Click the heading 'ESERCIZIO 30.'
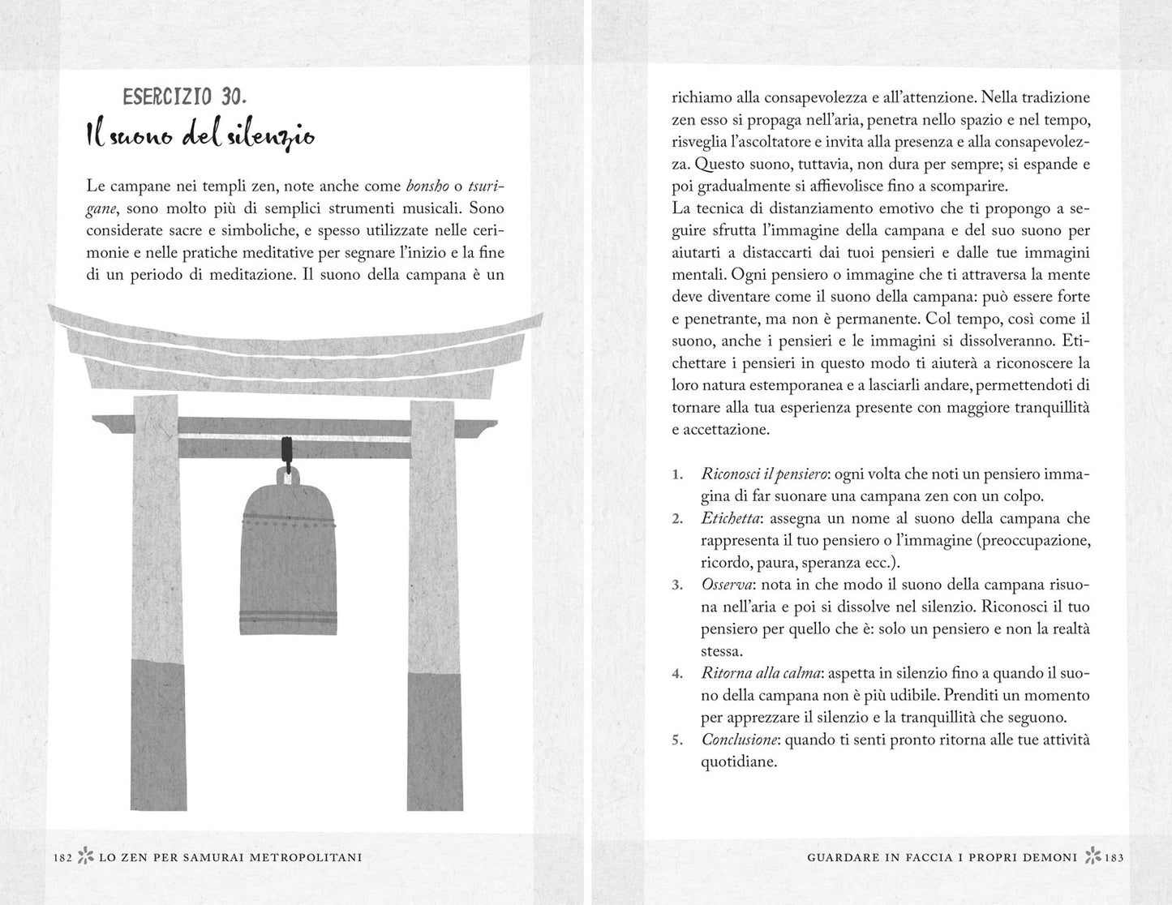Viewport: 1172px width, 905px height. click(x=184, y=97)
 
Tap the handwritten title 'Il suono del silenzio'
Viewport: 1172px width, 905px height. click(x=200, y=136)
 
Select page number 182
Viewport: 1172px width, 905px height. click(x=62, y=857)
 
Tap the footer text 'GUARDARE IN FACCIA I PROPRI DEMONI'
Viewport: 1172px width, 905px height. click(x=942, y=857)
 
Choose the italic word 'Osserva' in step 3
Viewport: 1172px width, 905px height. click(x=728, y=585)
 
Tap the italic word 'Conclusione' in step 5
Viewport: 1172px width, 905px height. click(x=740, y=740)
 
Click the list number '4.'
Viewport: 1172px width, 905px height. click(x=678, y=673)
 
